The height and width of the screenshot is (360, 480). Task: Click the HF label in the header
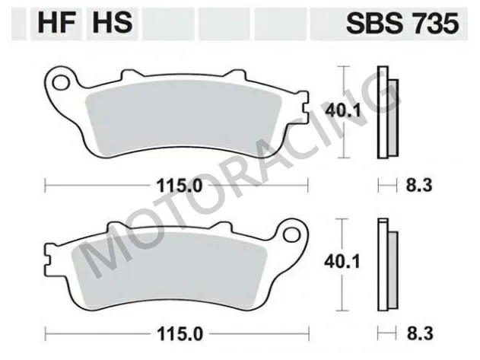coord(49,24)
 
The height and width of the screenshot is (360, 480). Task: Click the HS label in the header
coord(112,24)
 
